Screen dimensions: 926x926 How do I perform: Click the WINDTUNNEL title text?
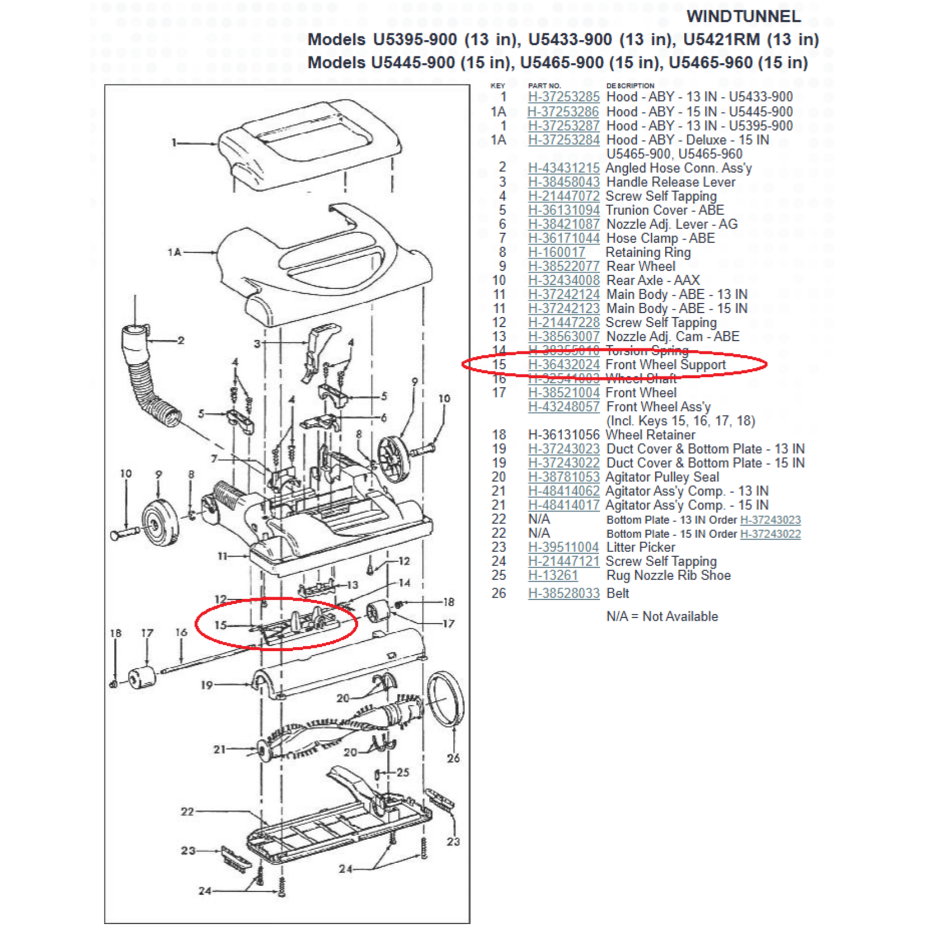point(743,16)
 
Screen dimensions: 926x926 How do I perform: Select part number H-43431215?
point(563,168)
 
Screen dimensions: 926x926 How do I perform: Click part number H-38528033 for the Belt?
point(563,593)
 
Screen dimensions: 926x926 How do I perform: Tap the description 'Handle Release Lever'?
point(670,182)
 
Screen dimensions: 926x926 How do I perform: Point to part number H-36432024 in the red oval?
point(563,364)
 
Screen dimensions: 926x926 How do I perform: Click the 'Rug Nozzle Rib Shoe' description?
point(668,575)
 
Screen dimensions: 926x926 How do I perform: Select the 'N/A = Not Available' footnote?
point(661,616)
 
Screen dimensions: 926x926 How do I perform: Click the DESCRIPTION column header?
point(630,86)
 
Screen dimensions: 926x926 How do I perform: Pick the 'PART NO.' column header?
point(544,86)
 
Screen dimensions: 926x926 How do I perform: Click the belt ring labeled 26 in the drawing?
point(446,699)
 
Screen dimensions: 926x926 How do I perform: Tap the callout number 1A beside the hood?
point(174,252)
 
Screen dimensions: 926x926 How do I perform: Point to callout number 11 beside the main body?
point(223,556)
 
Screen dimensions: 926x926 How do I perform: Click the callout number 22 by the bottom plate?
point(187,811)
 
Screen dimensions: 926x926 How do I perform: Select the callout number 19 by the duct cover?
point(207,684)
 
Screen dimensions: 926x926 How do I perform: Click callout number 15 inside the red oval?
point(220,624)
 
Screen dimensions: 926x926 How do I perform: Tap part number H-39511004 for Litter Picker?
point(563,547)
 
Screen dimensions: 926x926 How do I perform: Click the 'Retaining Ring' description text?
point(648,252)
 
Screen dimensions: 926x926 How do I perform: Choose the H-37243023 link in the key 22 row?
point(770,520)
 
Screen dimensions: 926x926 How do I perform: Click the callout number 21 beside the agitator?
point(219,749)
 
